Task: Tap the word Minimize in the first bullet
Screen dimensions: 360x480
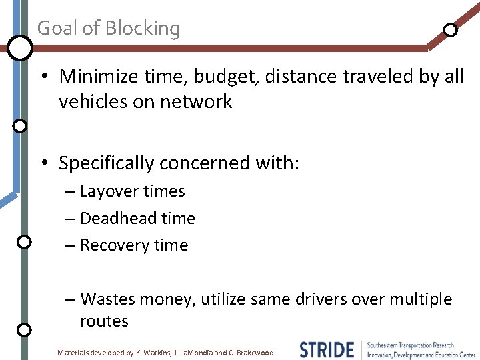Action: point(98,77)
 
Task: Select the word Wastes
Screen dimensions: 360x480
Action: point(107,299)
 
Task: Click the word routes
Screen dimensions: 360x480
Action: point(104,321)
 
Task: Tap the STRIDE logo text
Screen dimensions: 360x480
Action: point(326,349)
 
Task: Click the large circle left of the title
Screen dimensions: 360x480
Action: point(20,47)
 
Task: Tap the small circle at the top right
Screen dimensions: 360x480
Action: point(451,29)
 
